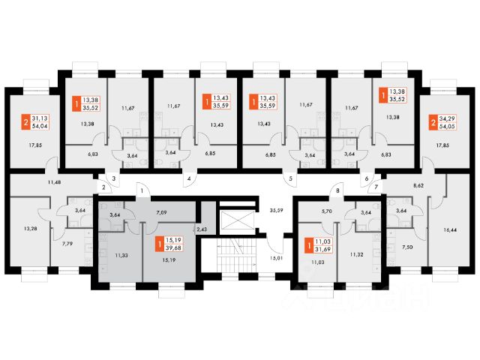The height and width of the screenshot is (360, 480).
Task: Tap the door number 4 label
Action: coord(189,179)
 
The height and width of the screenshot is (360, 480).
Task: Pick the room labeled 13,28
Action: coord(31,228)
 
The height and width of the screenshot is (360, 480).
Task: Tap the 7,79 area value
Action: coord(67,243)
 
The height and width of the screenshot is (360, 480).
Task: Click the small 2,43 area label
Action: coord(200,227)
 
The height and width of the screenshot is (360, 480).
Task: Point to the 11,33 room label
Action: coord(120,256)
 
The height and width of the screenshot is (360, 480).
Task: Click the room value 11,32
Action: coord(357,256)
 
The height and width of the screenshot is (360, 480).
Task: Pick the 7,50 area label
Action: coord(408,245)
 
